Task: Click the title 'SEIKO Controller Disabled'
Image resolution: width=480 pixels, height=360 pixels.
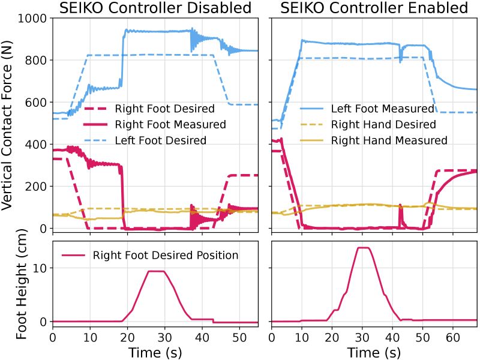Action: pos(155,8)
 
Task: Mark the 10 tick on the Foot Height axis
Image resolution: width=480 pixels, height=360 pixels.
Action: pos(40,268)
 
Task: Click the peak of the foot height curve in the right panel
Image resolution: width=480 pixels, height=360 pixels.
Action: pos(362,248)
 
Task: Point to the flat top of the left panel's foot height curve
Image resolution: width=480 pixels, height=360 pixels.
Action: pos(157,271)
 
